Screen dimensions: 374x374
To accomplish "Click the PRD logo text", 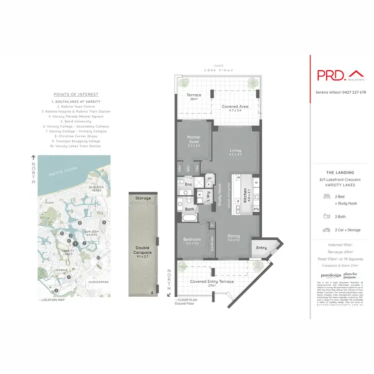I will pyautogui.click(x=331, y=75).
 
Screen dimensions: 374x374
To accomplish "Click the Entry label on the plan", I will pyautogui.click(x=262, y=247).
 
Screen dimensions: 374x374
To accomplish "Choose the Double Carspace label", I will pyautogui.click(x=143, y=250).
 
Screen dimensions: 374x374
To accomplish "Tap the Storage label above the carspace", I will pyautogui.click(x=143, y=198).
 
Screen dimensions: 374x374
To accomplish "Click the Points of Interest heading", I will pyautogui.click(x=76, y=94).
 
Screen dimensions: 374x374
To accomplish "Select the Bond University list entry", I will pyautogui.click(x=76, y=121).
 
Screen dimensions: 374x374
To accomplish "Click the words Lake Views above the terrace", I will pyautogui.click(x=216, y=70).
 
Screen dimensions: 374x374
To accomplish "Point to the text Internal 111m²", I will pyautogui.click(x=341, y=245).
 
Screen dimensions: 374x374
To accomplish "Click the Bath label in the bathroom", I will pyautogui.click(x=189, y=209).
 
